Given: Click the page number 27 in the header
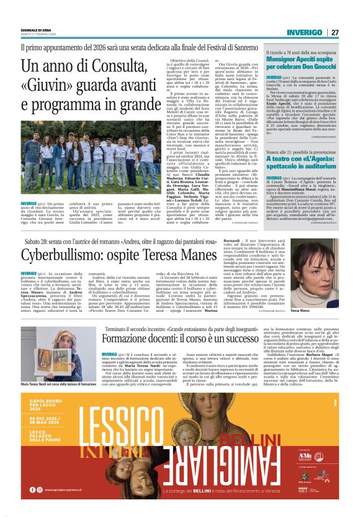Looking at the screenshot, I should pyautogui.click(x=334, y=32).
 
